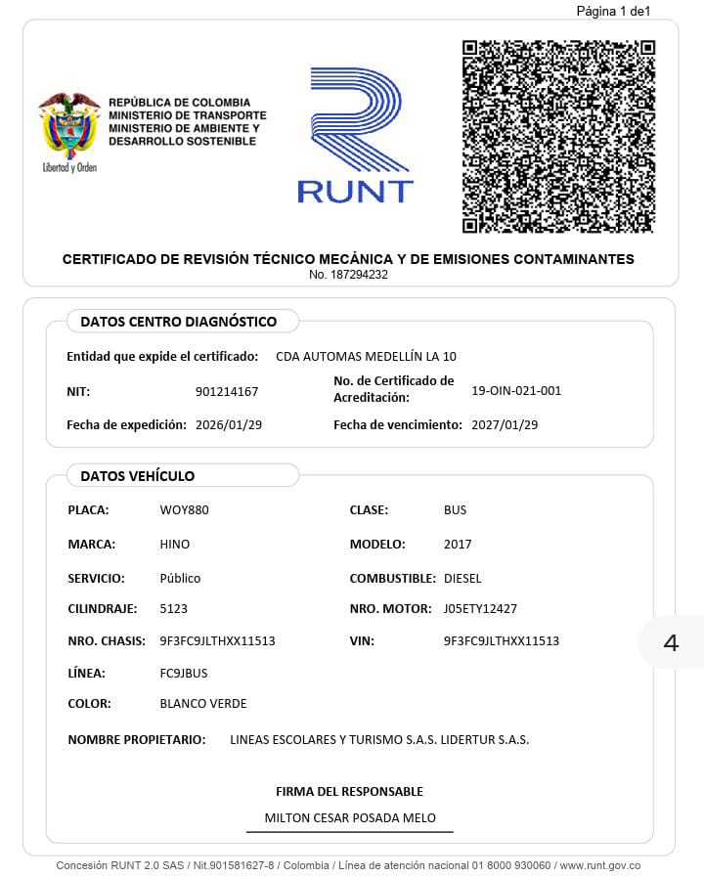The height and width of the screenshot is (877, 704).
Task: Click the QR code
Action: [x=557, y=137]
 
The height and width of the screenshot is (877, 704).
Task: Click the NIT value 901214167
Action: [x=227, y=392]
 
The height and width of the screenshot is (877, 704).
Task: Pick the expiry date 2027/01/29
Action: [x=505, y=425]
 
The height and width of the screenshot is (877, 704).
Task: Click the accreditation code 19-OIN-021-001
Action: [x=516, y=391]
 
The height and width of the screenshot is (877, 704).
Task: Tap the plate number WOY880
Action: [x=184, y=510]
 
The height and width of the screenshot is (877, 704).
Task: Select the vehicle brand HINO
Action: [x=175, y=545]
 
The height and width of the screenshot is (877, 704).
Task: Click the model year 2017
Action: [x=458, y=545]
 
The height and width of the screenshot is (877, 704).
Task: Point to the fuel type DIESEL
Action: [x=462, y=579]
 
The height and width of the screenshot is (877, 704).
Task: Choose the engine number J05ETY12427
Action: [x=480, y=609]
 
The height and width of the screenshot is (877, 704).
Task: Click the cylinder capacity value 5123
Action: [x=174, y=609]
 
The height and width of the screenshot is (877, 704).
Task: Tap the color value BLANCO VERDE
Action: [x=203, y=704]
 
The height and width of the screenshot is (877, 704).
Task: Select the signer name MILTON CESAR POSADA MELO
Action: [x=350, y=818]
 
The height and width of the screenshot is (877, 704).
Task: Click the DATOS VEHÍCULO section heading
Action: [x=138, y=476]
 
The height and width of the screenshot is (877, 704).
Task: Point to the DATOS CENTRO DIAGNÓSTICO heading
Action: [x=178, y=322]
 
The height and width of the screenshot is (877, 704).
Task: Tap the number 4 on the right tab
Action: [x=671, y=643]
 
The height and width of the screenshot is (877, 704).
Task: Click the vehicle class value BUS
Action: [x=455, y=510]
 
